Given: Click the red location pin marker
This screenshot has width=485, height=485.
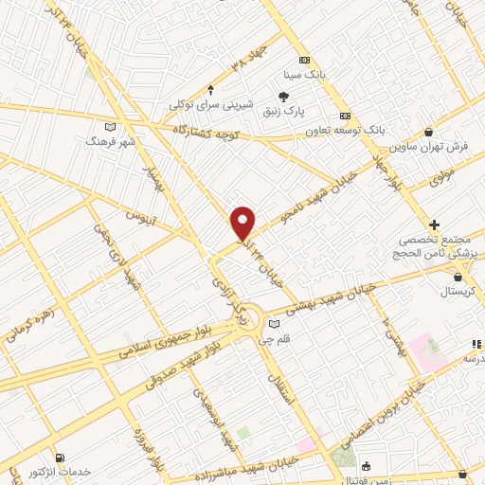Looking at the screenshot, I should tap(243, 223).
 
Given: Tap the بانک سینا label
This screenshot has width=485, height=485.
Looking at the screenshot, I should tap(306, 73).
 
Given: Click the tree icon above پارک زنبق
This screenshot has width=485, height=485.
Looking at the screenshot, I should tap(283, 95).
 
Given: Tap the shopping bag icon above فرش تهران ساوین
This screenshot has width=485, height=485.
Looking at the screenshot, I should tap(430, 133).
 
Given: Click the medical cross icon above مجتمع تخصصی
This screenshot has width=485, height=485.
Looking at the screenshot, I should tap(434, 225).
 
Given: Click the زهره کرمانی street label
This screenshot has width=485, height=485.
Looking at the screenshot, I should tap(28, 323).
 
